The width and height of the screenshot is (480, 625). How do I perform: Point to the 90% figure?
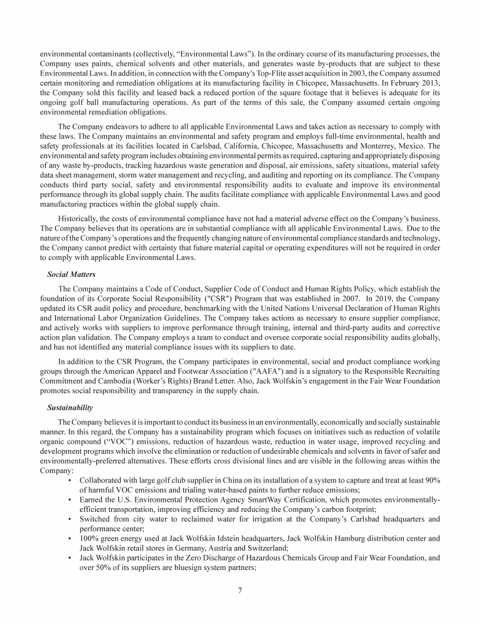(432, 479)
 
